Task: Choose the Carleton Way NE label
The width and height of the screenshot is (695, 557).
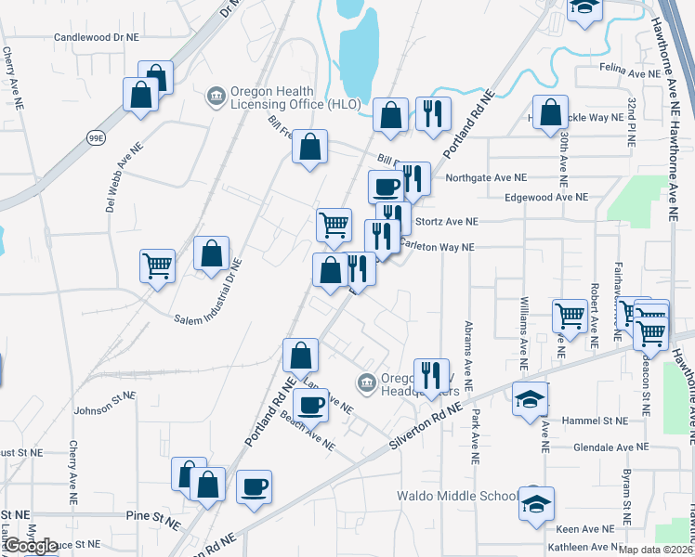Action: click(x=437, y=247)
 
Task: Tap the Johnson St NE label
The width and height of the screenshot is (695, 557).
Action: click(x=104, y=402)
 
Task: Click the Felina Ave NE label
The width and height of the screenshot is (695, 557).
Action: click(x=636, y=72)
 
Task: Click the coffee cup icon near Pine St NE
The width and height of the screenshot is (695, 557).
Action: click(x=254, y=486)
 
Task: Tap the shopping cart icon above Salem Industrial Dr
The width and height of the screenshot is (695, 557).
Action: click(x=158, y=266)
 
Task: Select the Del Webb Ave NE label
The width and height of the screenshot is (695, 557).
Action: click(x=124, y=177)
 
